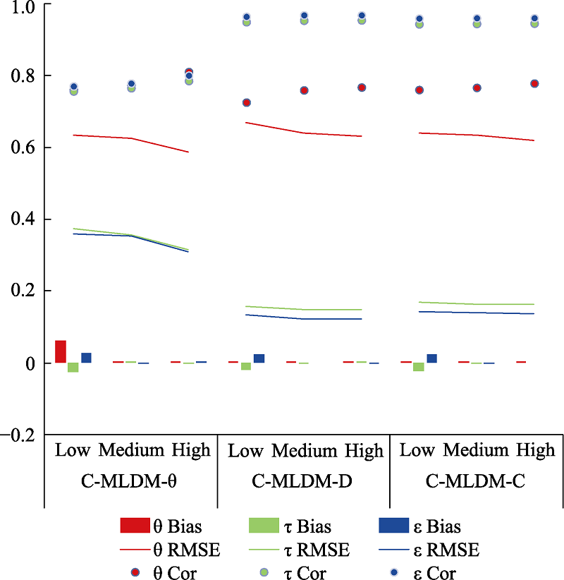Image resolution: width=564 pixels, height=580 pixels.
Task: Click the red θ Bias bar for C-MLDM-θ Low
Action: click(61, 351)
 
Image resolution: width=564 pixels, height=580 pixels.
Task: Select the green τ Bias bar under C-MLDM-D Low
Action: click(246, 366)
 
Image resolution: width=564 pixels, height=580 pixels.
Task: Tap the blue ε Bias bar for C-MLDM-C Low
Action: click(432, 358)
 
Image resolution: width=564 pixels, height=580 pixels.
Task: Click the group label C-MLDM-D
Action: click(303, 482)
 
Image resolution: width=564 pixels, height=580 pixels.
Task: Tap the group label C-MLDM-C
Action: click(477, 482)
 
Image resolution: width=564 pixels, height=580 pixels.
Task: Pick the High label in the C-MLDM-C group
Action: click(536, 450)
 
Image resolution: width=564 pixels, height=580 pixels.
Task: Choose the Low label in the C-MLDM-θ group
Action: click(73, 450)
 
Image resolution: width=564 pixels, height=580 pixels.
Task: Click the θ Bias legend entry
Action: click(170, 526)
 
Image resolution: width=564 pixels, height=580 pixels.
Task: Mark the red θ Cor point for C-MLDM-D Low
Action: click(247, 102)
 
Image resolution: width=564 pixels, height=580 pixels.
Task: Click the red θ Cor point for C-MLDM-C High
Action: click(534, 84)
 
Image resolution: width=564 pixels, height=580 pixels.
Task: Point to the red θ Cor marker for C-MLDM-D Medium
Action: click(304, 90)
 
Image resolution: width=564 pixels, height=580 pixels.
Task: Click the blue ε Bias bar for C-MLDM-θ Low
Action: click(87, 358)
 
